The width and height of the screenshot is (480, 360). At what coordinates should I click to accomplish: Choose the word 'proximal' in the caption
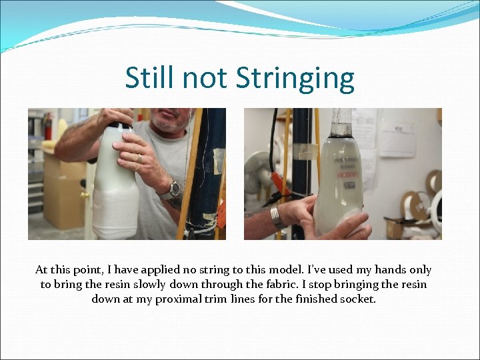[x=179, y=299]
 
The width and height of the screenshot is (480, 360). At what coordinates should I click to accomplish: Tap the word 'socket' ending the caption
[x=358, y=299]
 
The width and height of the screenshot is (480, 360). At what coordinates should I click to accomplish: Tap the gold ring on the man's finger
[x=139, y=158]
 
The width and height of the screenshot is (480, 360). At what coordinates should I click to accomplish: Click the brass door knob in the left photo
[x=85, y=195]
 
